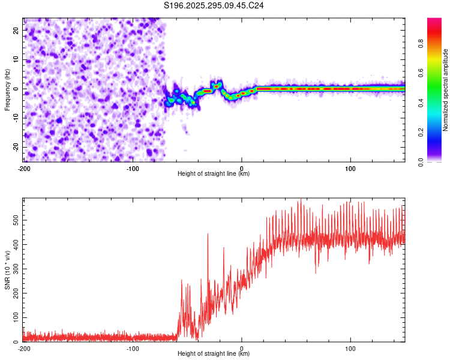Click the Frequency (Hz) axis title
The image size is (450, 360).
tap(7, 89)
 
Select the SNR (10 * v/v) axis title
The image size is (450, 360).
tap(7, 271)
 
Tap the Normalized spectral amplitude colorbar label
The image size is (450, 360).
tap(446, 90)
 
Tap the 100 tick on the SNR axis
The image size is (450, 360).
tap(14, 316)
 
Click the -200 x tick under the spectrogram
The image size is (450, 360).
tap(24, 168)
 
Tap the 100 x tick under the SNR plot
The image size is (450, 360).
tap(350, 348)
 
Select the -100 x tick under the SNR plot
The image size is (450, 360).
tap(133, 348)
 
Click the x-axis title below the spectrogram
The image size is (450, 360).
tap(214, 174)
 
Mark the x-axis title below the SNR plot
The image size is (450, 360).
tap(214, 354)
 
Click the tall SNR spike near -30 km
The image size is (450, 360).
tap(208, 235)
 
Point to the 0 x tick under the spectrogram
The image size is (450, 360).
tap(242, 168)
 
